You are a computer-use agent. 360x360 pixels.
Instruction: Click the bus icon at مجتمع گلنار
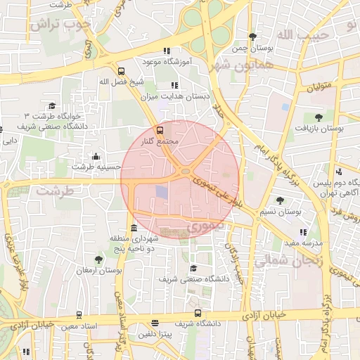pos(160,131)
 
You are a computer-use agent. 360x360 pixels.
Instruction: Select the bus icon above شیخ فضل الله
pos(122,71)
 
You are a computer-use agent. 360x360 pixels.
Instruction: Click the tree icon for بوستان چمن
pos(252,37)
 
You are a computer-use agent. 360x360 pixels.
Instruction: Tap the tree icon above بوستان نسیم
pos(281,200)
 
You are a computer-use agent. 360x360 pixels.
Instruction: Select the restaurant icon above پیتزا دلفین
pos(155,323)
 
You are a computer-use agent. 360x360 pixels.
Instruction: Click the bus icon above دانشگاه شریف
pos(198,314)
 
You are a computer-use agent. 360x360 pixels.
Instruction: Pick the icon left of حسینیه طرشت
pos(96,156)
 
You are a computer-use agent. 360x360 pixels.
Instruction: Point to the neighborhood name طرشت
pos(55,191)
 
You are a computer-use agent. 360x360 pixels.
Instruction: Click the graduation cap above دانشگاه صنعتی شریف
pos(193,268)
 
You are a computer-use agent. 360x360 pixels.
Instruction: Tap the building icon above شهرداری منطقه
pos(134,228)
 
